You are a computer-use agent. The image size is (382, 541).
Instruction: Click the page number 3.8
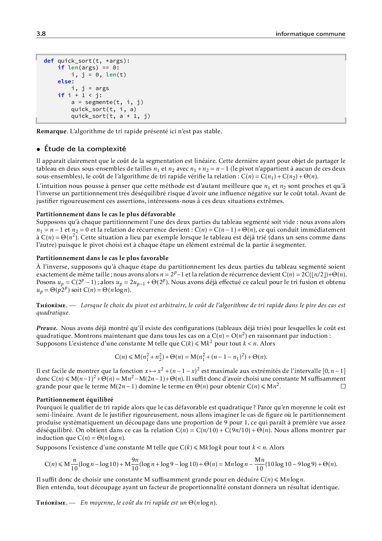click(41, 34)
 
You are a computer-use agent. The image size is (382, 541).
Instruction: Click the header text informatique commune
click(310, 34)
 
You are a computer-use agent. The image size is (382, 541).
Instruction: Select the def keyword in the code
click(49, 61)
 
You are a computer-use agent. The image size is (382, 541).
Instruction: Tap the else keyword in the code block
click(66, 81)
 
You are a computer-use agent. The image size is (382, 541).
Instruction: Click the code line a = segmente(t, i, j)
click(107, 102)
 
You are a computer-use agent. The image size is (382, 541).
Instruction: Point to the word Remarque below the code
click(51, 131)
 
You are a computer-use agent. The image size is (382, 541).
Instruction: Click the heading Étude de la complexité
click(85, 149)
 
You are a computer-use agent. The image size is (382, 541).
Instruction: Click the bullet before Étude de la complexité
click(39, 149)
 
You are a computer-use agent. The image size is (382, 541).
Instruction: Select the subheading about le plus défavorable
click(106, 214)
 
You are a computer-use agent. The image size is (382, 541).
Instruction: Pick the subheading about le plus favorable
click(102, 258)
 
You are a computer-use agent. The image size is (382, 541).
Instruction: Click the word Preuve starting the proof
click(47, 328)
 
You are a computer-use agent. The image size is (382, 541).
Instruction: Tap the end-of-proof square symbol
click(343, 386)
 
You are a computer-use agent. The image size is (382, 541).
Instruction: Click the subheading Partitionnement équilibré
click(75, 400)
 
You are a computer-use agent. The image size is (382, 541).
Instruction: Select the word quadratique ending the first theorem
click(53, 313)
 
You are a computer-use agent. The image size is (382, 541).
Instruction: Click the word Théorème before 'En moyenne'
click(51, 503)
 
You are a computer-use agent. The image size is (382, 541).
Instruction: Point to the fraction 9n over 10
click(135, 464)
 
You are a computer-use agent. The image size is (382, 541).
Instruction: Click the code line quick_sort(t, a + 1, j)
click(111, 116)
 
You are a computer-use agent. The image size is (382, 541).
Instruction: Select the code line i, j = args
click(90, 88)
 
